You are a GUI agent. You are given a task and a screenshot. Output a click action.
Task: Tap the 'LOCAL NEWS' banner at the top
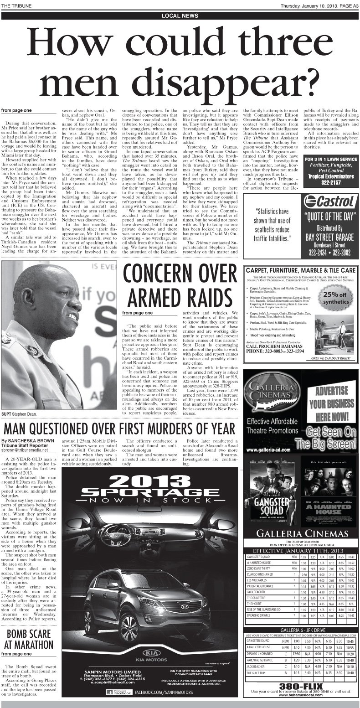[180, 15]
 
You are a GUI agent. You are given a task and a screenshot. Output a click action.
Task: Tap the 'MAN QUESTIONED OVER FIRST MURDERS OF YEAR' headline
[121, 429]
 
